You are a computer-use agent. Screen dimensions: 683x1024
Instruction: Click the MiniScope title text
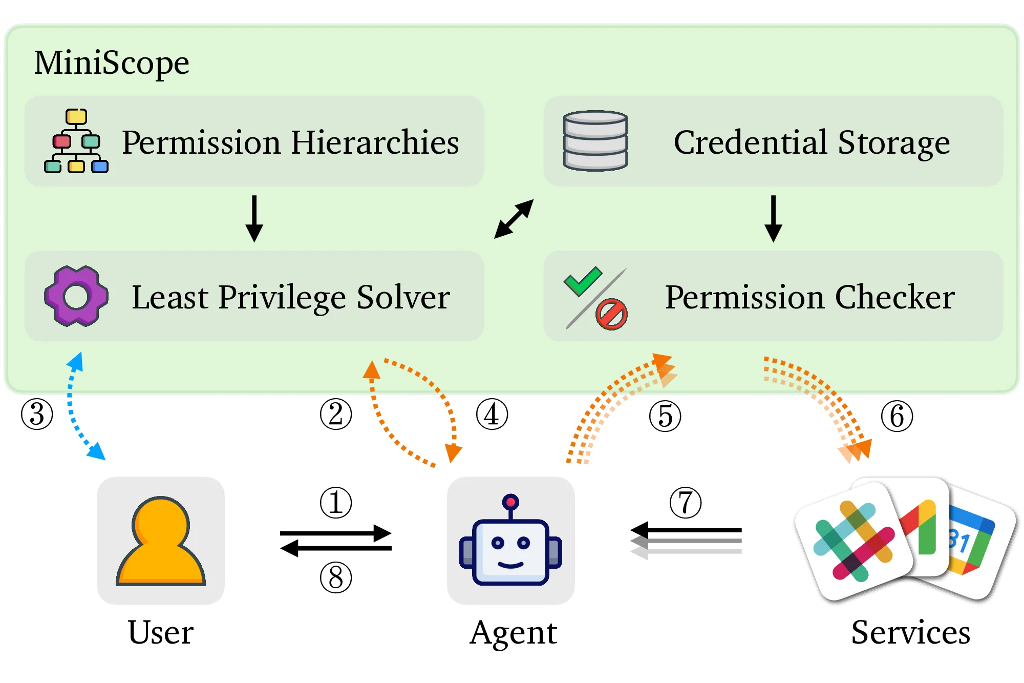coord(112,63)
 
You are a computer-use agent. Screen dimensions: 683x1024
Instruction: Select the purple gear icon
coord(76,296)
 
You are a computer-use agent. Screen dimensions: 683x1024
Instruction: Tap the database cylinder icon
coord(595,140)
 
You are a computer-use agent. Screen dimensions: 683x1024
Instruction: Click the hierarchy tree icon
coord(76,141)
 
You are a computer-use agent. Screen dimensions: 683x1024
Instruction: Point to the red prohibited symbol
coord(611,315)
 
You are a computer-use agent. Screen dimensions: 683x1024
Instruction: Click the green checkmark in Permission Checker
coord(583,281)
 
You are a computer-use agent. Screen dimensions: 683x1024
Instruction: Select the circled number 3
coord(37,414)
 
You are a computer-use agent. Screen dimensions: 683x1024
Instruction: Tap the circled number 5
coord(665,416)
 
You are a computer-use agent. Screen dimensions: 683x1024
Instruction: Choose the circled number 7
coord(686,503)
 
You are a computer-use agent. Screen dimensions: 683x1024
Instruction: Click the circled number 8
coord(336,577)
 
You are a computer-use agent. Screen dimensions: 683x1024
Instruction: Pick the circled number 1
coord(336,503)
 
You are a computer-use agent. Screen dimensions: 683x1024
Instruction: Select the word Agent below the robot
coord(514,632)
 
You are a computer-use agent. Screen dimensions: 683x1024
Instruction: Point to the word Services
coord(910,632)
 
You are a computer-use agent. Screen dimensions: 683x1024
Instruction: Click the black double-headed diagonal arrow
coord(514,219)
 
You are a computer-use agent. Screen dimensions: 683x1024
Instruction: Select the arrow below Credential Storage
coord(773,218)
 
